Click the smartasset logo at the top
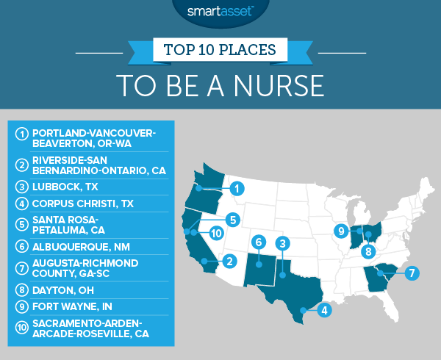220,12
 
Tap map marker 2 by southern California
229,260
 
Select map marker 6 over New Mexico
257,242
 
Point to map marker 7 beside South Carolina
413,273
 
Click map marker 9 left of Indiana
340,231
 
